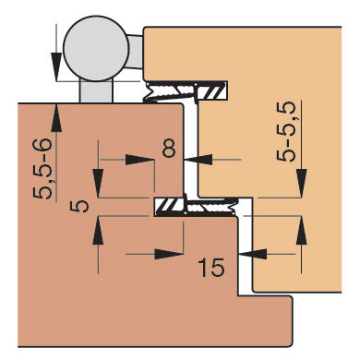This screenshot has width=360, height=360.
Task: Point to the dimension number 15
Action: [210, 269]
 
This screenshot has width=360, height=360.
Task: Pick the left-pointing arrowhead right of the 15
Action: [256, 251]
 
